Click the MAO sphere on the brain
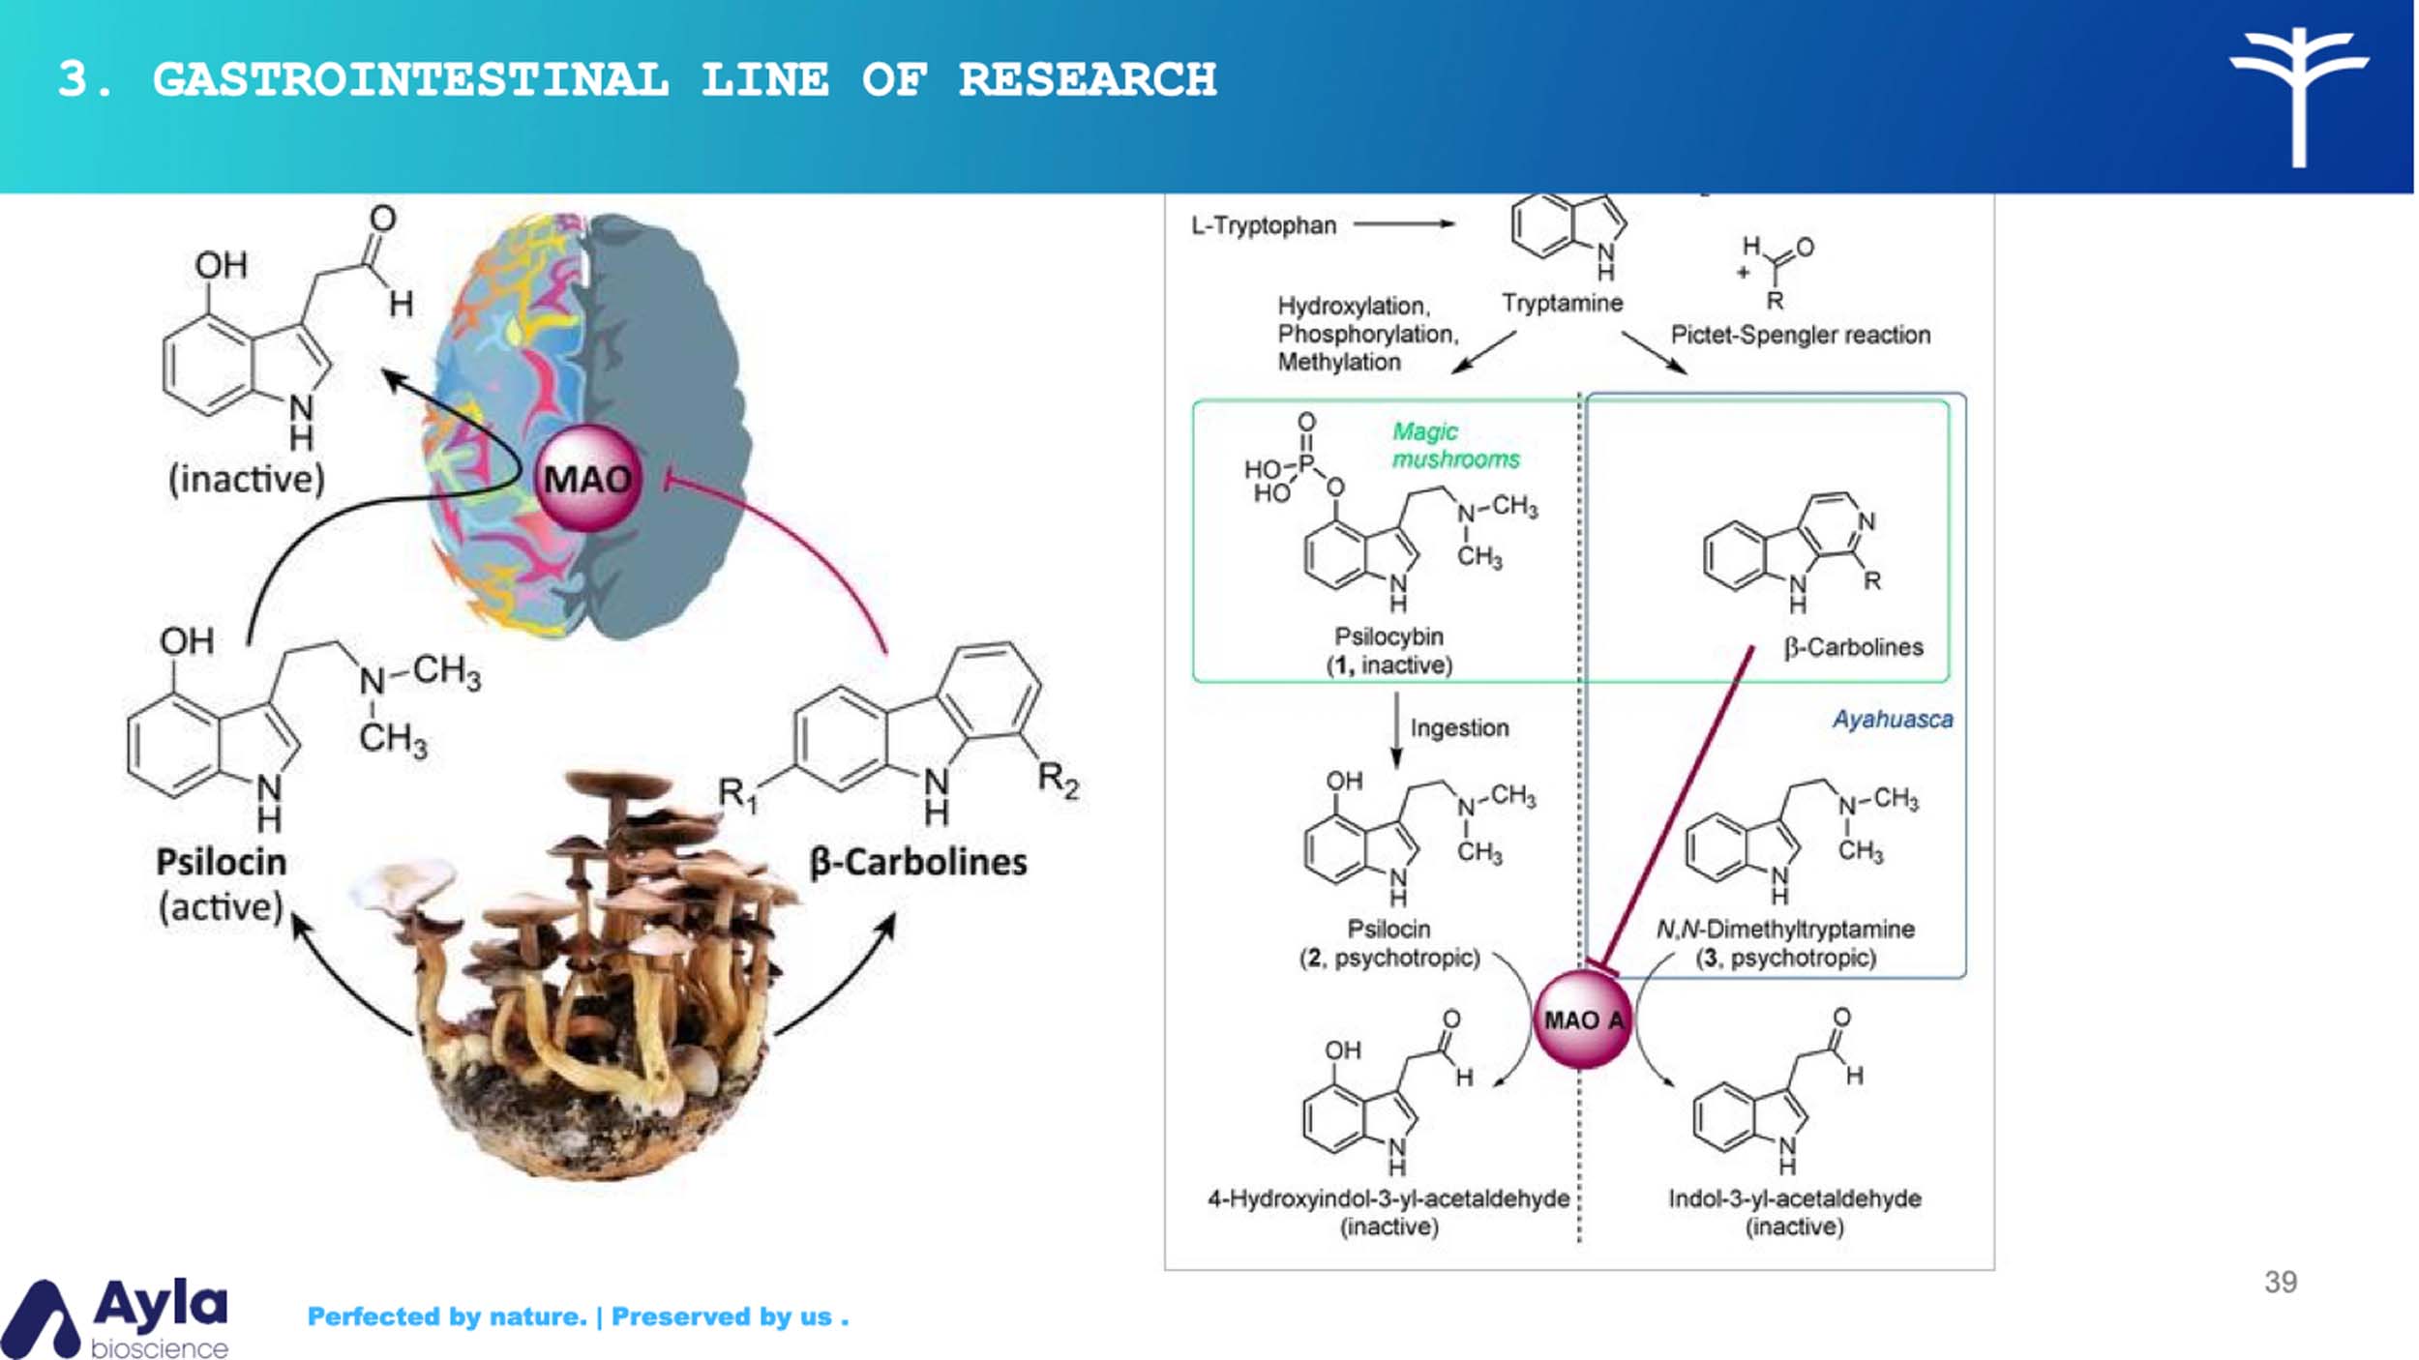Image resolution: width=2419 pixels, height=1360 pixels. (587, 479)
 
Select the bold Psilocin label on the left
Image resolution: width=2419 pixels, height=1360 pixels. (222, 862)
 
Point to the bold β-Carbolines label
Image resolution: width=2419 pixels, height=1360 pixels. (918, 862)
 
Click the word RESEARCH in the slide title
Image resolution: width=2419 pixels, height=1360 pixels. (1088, 79)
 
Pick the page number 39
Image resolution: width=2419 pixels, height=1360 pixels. (2281, 1282)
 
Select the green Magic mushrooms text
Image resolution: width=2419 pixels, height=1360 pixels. (1454, 445)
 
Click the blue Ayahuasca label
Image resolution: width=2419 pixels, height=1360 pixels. (1893, 720)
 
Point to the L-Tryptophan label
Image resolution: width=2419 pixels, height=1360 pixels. (1264, 225)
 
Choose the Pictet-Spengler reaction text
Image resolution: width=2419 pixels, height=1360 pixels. (1801, 335)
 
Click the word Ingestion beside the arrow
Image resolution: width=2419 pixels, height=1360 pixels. (1459, 727)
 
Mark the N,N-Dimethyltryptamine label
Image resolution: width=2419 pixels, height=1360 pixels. (1785, 929)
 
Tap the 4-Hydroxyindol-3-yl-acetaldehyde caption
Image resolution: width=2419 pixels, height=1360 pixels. (1389, 1198)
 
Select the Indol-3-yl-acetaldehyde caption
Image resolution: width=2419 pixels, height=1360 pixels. (1795, 1198)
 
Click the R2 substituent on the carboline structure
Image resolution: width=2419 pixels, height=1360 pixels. (1058, 779)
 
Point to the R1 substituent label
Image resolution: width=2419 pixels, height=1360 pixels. (738, 795)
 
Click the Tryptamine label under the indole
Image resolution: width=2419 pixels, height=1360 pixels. (1562, 303)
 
